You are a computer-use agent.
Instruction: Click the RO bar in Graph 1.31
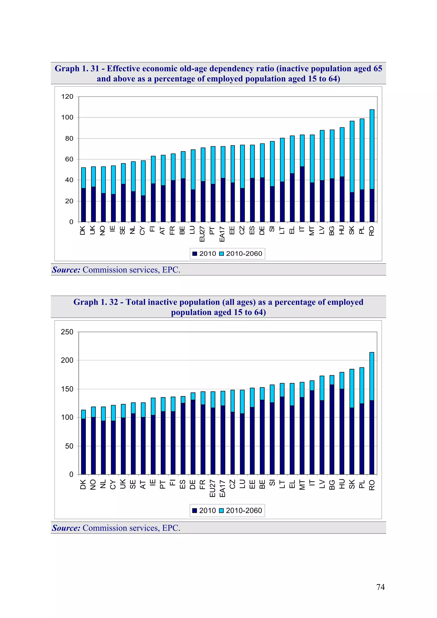372,166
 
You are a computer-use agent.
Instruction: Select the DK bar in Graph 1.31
83,195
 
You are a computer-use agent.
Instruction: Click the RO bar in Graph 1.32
371,413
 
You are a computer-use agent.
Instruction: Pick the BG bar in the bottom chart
332,425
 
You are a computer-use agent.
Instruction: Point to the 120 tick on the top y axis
67,97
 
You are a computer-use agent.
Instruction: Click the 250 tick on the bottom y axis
67,332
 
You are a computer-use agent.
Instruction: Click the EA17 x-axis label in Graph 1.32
222,488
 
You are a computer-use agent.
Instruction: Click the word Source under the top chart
66,270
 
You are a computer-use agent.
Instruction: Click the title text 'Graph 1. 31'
77,69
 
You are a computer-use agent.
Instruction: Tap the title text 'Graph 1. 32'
96,302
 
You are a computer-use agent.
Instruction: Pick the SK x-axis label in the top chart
352,230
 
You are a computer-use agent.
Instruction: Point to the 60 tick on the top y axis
69,159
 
